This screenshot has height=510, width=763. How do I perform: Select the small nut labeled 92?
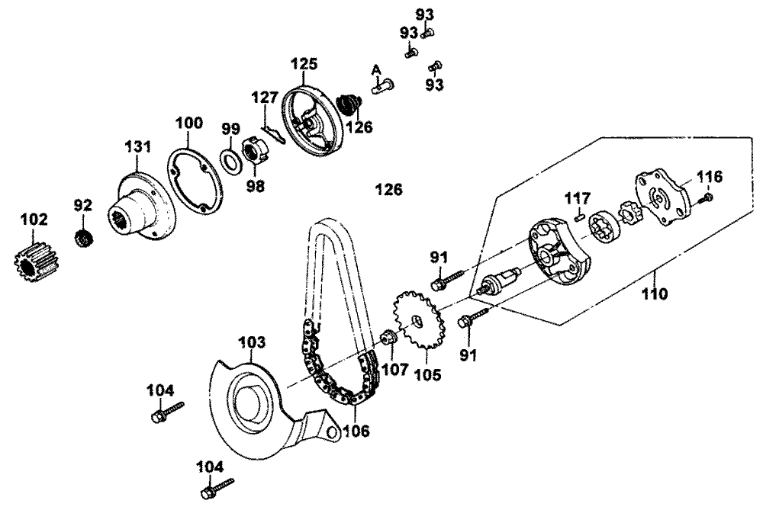(x=84, y=239)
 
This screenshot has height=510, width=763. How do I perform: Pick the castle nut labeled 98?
(x=255, y=151)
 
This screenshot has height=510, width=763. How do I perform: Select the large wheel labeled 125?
(x=311, y=121)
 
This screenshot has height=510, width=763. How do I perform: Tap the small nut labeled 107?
(x=389, y=336)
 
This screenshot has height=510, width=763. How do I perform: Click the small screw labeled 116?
(x=706, y=197)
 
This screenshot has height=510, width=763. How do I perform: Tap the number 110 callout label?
(x=654, y=293)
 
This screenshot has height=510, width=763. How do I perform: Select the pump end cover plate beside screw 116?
(x=662, y=197)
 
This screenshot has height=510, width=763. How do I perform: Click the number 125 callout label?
(x=304, y=64)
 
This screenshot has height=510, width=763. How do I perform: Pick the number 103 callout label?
(x=252, y=342)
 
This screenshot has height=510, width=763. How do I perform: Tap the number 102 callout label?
(x=34, y=220)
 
